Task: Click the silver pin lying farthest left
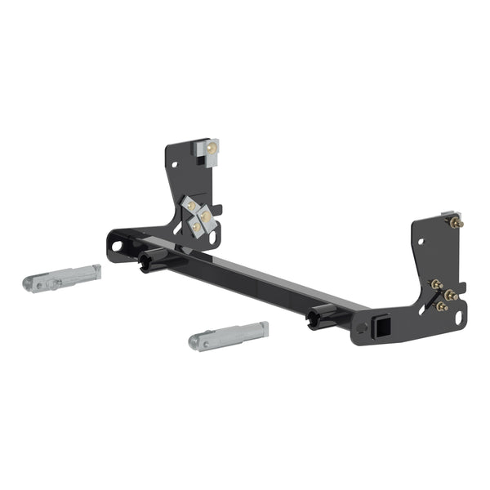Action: click(62, 278)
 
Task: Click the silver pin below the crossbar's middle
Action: click(228, 335)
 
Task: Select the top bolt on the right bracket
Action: click(455, 221)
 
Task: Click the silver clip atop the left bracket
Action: click(210, 151)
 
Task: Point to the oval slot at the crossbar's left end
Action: click(118, 244)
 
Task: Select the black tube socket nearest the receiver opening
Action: click(320, 318)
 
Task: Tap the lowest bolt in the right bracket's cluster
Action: click(442, 306)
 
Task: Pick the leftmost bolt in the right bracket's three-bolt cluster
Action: click(436, 284)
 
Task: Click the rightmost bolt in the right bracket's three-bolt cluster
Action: click(450, 294)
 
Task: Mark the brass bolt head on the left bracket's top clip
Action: click(212, 148)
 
